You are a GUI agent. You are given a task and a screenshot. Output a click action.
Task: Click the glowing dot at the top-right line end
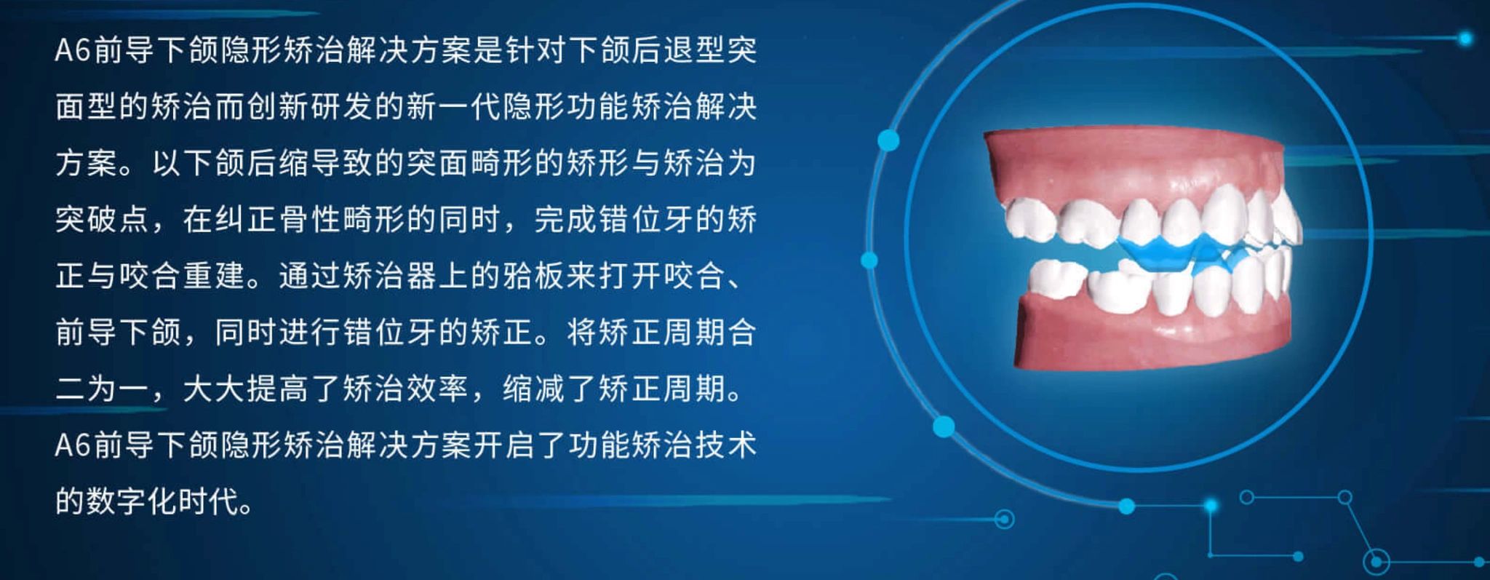point(1465,38)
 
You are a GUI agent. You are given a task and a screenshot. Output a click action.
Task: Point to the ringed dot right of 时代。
point(1005,519)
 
